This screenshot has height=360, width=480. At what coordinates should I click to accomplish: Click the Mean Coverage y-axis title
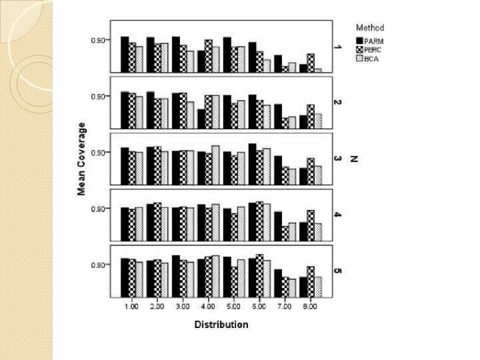(x=81, y=159)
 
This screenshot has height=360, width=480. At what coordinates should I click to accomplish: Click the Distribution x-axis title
(x=221, y=325)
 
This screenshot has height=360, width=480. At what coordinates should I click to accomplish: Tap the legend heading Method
(x=370, y=28)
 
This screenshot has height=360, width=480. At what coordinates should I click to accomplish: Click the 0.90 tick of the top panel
(x=97, y=41)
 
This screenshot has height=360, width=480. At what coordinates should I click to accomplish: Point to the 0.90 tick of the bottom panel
(x=97, y=265)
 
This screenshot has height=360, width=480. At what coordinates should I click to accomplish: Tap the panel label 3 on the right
(x=337, y=159)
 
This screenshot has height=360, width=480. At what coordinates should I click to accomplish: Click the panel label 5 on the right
(x=337, y=271)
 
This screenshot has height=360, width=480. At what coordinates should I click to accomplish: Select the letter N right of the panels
(x=354, y=159)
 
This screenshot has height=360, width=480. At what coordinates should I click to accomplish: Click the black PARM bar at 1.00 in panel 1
(x=125, y=54)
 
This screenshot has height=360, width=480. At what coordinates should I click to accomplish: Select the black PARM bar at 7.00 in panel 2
(x=278, y=116)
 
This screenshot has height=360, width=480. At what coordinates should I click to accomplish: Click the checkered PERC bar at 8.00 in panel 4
(x=311, y=225)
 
